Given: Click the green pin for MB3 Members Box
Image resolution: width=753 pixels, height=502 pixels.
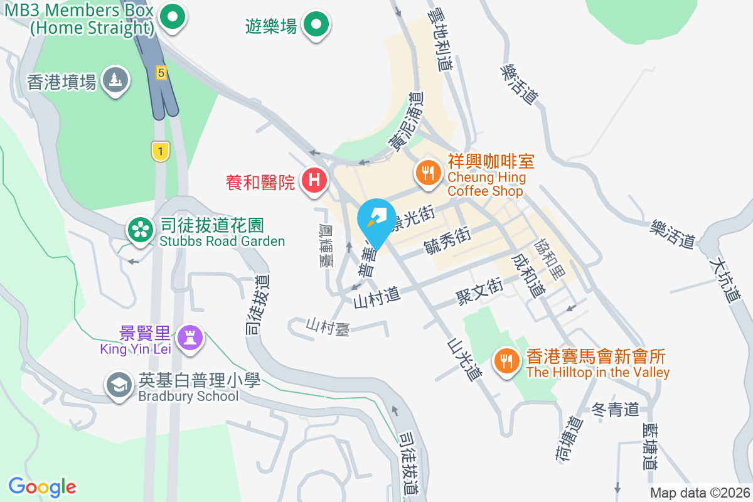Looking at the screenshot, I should tap(173, 17).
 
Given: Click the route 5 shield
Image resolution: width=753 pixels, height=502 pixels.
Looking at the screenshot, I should tap(161, 73).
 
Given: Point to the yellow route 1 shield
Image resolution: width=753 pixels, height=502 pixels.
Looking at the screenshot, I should tap(161, 151).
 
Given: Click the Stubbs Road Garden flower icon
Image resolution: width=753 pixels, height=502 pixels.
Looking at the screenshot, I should tap(141, 230).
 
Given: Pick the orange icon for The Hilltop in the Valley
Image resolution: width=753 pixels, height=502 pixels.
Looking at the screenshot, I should tap(506, 361).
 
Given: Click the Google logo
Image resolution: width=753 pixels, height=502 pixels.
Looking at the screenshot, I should tap(42, 487).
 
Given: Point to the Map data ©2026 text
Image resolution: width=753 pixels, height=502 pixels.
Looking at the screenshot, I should tap(699, 493).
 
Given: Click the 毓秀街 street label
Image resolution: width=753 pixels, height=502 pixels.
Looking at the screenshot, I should tap(447, 241).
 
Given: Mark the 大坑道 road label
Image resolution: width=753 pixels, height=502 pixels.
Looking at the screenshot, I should tap(725, 279).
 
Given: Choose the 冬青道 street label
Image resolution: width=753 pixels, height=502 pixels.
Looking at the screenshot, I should tap(616, 410).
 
